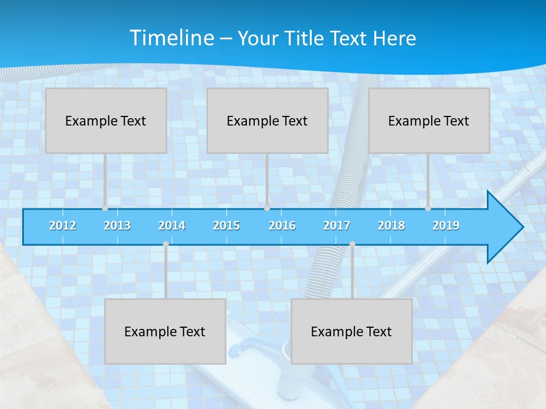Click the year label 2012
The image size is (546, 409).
(x=63, y=226)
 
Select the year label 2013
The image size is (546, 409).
(x=117, y=226)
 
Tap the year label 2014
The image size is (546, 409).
(x=172, y=226)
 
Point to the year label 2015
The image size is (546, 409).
(x=226, y=226)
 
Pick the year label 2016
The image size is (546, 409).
(x=282, y=226)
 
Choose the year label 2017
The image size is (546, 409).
(x=337, y=226)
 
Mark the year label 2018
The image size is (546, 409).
(x=391, y=226)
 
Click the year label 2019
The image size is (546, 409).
(x=446, y=226)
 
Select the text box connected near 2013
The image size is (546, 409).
(x=106, y=120)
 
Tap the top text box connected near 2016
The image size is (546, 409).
(x=267, y=120)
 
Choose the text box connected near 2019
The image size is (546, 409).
(x=429, y=120)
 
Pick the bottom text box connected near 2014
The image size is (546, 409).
(x=165, y=331)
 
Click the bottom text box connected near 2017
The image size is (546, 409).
(x=351, y=331)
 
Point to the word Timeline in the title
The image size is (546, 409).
(x=171, y=38)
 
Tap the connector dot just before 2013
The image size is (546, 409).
(x=105, y=208)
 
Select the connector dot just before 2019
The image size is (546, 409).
(x=428, y=208)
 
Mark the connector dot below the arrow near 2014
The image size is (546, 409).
(x=166, y=244)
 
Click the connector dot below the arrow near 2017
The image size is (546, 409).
(x=352, y=244)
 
